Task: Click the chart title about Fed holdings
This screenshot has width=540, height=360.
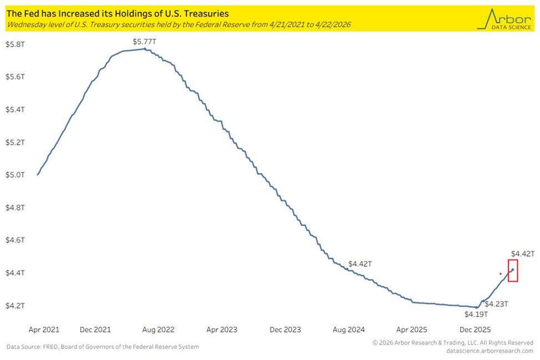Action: (118, 14)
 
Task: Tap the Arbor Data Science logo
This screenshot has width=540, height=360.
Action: (504, 19)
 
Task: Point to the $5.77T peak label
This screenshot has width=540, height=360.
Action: (144, 42)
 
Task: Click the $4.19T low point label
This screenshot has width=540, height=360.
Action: (476, 314)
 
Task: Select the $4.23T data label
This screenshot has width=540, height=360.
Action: (496, 304)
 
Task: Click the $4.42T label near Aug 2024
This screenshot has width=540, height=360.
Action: (360, 264)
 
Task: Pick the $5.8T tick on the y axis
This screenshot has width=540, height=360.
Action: (15, 44)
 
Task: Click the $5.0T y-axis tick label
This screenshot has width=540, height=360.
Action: (15, 175)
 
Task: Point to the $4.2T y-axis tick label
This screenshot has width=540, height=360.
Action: (15, 306)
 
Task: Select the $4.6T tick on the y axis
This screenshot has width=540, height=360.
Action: (15, 240)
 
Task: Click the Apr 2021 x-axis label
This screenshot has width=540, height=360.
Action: (44, 329)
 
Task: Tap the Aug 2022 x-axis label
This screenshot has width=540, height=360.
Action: (158, 329)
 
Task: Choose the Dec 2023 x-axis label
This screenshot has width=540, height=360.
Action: (285, 329)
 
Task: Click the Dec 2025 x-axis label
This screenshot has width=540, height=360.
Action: (475, 329)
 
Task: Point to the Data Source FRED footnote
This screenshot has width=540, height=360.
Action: (103, 347)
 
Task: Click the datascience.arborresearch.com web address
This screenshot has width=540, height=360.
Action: (490, 351)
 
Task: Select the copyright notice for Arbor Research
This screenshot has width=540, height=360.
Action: (453, 343)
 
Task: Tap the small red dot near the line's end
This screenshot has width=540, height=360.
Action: (501, 274)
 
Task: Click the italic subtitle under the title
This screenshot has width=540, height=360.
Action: (179, 24)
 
